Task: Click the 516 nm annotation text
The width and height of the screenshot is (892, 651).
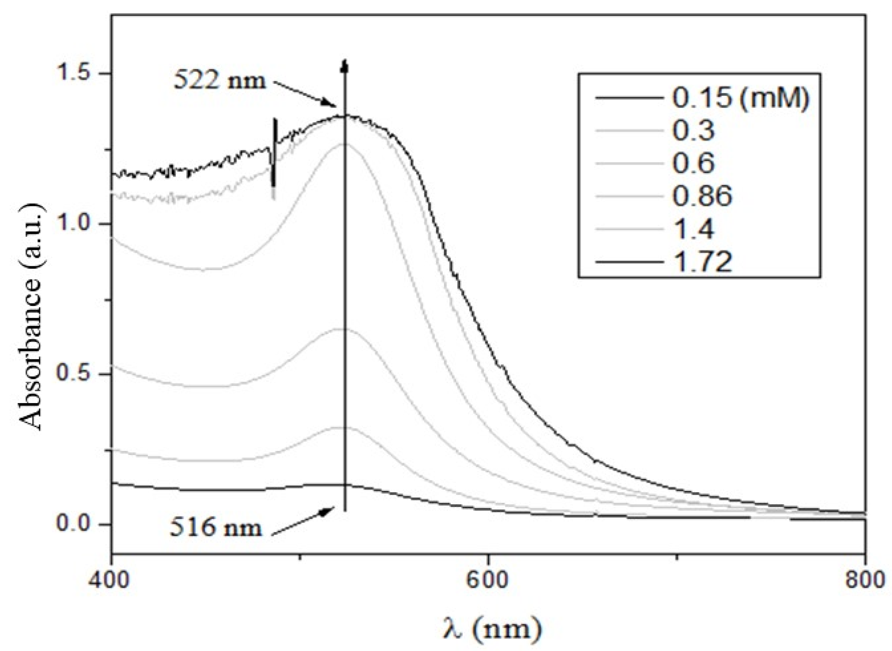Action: (x=216, y=528)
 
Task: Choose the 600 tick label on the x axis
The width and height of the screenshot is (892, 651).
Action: (x=488, y=580)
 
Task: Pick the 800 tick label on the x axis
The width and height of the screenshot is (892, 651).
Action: (x=864, y=580)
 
